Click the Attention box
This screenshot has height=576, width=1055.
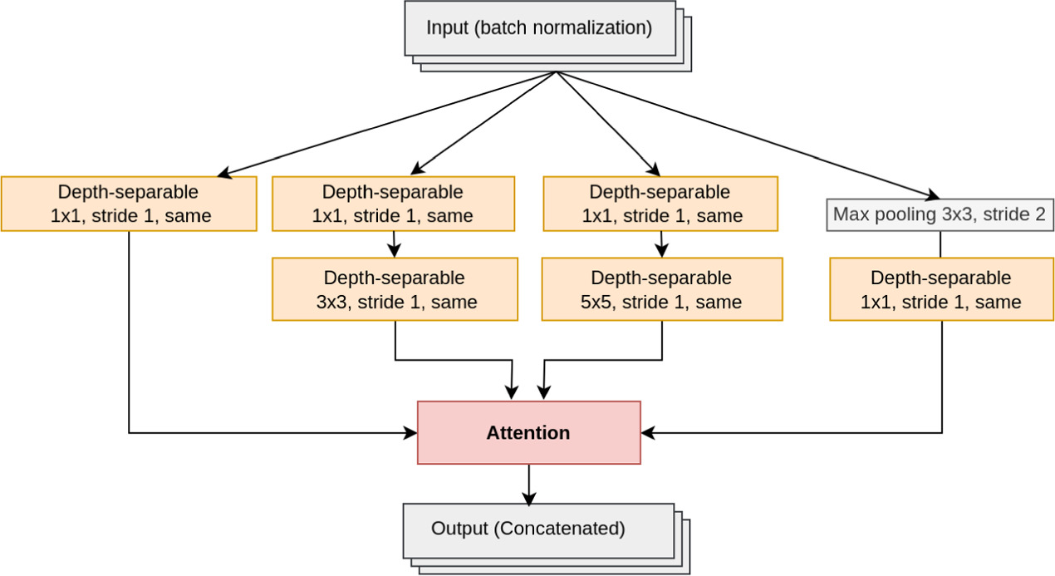[528, 432]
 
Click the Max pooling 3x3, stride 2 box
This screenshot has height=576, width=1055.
[940, 214]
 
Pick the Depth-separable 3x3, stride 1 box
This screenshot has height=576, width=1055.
[395, 289]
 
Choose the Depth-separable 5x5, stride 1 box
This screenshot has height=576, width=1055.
[661, 289]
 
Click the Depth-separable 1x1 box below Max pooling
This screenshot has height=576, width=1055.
[941, 289]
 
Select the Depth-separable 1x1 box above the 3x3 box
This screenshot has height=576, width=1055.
[393, 204]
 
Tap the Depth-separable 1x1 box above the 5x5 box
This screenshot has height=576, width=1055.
[660, 204]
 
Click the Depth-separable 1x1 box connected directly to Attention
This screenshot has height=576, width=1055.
[129, 204]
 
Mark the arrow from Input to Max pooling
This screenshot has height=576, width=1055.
[748, 133]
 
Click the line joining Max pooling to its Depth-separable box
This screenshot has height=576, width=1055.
[941, 244]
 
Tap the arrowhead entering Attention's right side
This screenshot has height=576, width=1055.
[649, 433]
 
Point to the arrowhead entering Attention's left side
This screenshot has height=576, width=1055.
[410, 433]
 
